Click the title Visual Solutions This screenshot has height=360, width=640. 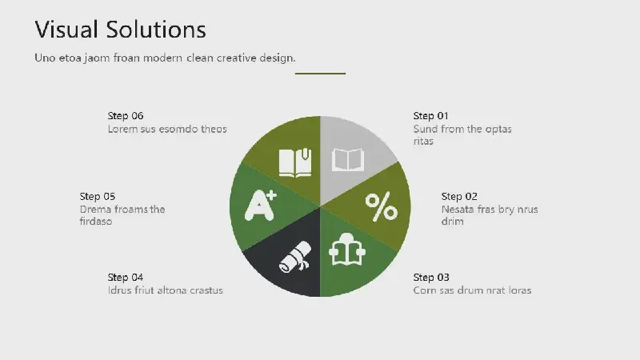[x=121, y=30]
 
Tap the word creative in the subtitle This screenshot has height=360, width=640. [x=236, y=58]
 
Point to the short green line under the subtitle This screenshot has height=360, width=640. [x=321, y=74]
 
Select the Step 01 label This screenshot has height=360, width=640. [x=430, y=116]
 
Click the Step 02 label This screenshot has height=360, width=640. [x=459, y=196]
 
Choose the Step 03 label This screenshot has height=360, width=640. [x=431, y=277]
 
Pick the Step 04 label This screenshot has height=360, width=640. [x=126, y=277]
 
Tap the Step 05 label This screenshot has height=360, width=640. [x=97, y=196]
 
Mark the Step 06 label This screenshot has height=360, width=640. [x=126, y=116]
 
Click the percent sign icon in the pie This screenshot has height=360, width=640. [x=382, y=206]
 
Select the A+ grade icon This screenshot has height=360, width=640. [x=261, y=206]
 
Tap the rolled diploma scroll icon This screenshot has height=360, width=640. [x=295, y=257]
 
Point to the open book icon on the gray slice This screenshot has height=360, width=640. [x=348, y=159]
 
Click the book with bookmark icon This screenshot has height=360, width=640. [x=295, y=162]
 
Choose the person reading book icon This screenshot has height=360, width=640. [x=347, y=250]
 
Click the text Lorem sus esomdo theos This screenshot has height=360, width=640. [x=167, y=129]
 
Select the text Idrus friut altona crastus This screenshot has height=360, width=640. [x=166, y=290]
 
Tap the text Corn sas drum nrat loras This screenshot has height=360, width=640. [x=472, y=290]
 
